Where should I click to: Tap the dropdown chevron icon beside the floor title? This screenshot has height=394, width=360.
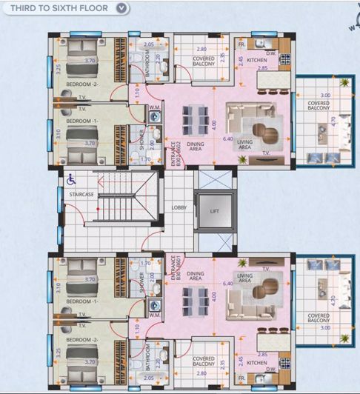122,8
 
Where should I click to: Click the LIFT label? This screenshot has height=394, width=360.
215,211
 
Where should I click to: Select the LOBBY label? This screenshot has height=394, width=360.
179,208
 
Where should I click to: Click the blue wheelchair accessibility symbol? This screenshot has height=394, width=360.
72,178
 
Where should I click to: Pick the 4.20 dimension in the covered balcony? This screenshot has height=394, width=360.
333,301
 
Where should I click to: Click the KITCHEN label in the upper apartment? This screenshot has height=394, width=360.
256,59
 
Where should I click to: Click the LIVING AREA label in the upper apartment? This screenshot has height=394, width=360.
244,144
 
